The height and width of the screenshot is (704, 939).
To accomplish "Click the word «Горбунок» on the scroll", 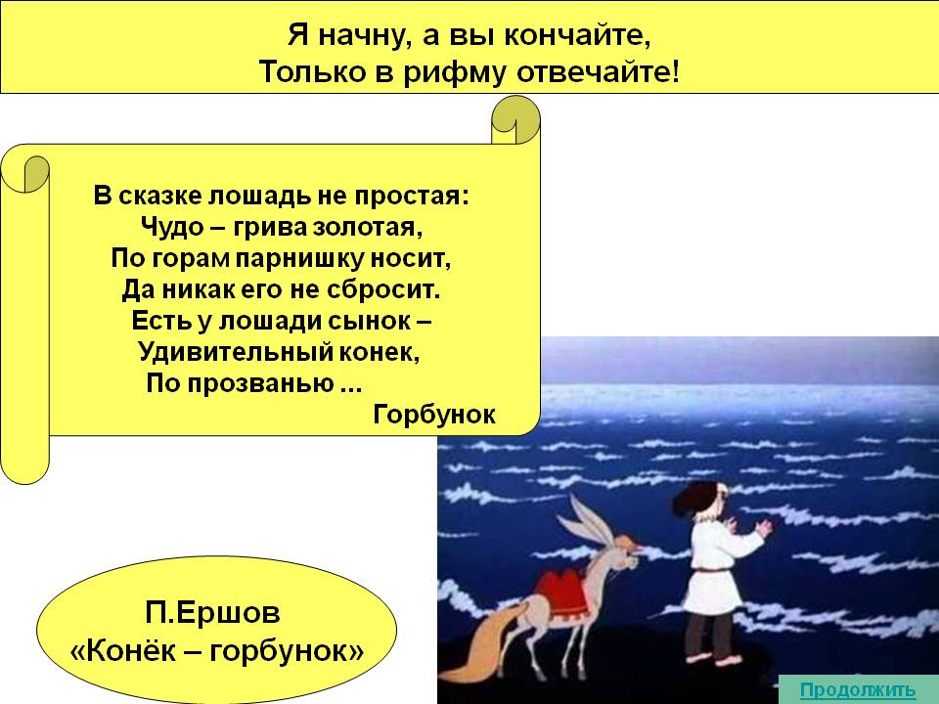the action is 434,415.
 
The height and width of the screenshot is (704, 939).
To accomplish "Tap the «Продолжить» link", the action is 858,689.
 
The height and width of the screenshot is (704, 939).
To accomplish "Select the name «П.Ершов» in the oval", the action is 212,613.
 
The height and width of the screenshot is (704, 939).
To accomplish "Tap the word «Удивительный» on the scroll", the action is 236,351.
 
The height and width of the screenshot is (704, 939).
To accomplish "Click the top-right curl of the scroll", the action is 515,119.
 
